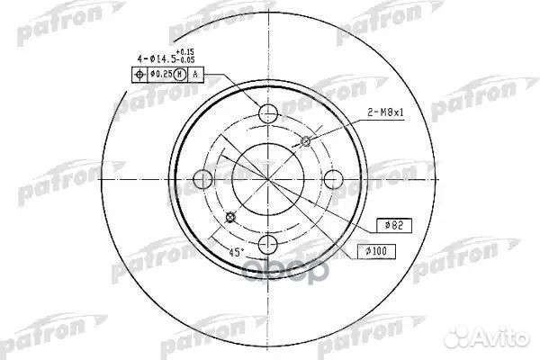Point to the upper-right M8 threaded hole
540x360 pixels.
[x=306, y=141]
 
